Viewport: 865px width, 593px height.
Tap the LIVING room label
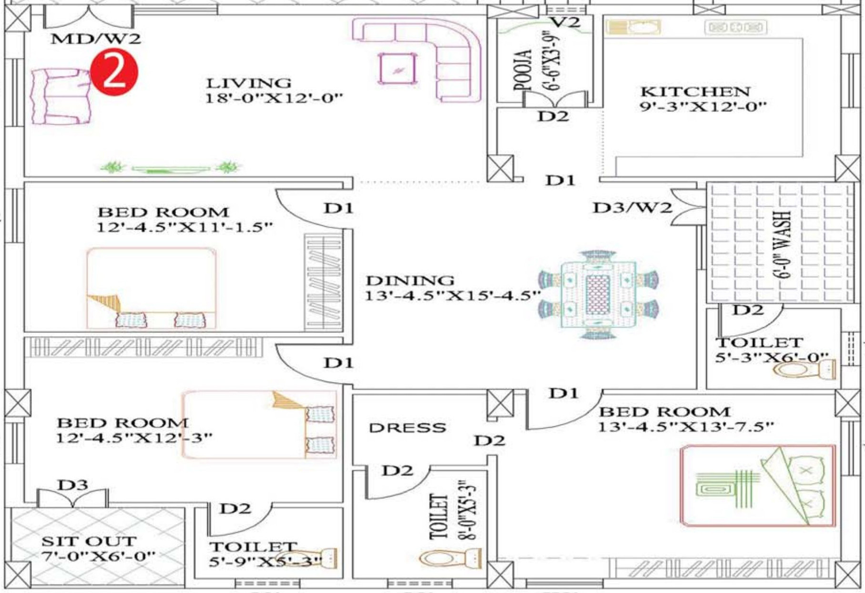click(x=248, y=83)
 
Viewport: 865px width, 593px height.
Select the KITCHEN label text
click(x=695, y=91)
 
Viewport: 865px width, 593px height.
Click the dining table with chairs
click(x=599, y=295)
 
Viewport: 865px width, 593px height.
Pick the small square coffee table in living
click(x=397, y=69)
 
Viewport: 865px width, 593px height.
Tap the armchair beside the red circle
click(x=61, y=97)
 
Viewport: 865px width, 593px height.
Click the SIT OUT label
click(x=89, y=542)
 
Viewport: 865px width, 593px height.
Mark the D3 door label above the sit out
click(x=72, y=485)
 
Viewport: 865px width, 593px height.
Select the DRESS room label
click(x=407, y=428)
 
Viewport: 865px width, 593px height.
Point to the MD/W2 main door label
click(x=96, y=38)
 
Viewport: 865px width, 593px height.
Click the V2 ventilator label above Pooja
click(x=566, y=22)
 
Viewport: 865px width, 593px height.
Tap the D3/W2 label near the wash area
click(x=632, y=207)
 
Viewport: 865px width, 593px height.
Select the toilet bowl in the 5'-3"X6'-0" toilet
click(x=805, y=370)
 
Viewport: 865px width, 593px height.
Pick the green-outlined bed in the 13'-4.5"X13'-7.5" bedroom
click(x=759, y=485)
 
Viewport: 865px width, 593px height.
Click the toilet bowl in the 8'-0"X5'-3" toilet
click(x=451, y=558)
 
